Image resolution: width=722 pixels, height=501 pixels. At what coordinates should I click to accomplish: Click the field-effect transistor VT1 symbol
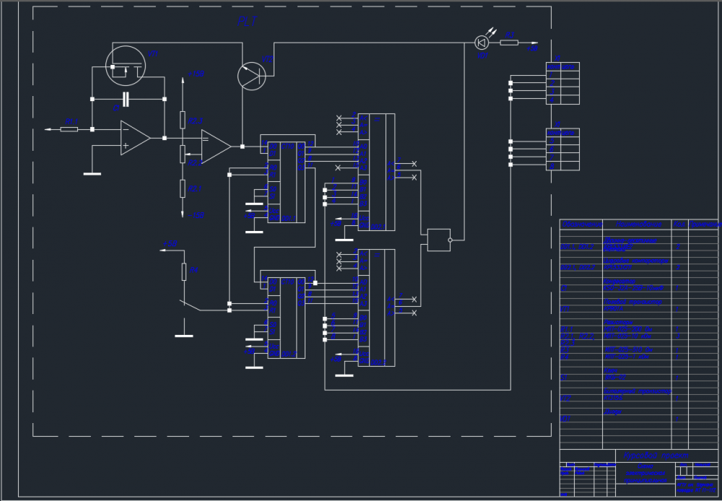[x=126, y=65]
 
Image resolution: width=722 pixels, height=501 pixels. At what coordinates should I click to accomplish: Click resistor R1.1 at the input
[x=69, y=129]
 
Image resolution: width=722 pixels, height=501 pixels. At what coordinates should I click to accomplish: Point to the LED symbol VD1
[x=482, y=43]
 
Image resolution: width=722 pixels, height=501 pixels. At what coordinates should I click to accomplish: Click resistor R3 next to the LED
[x=509, y=43]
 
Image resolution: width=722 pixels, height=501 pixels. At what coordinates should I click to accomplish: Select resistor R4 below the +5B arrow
[x=184, y=271]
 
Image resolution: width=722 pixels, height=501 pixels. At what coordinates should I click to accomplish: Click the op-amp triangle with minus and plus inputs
[x=134, y=137]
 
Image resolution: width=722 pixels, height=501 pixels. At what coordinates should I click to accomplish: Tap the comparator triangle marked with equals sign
[x=215, y=146]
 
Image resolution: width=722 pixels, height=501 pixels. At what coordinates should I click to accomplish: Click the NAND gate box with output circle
[x=439, y=240]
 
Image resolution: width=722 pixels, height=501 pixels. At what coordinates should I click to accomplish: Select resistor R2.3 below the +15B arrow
[x=182, y=120]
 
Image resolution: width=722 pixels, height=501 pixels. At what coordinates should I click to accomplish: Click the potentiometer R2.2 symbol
[x=182, y=154]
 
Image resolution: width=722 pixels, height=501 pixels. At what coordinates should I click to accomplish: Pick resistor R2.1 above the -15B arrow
[x=182, y=188]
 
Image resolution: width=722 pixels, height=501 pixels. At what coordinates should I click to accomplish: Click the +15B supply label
[x=196, y=74]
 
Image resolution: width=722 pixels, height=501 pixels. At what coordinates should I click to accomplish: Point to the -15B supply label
[x=196, y=214]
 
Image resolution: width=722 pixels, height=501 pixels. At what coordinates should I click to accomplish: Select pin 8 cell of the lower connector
[x=562, y=166]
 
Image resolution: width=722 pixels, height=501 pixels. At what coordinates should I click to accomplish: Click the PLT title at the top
[x=246, y=20]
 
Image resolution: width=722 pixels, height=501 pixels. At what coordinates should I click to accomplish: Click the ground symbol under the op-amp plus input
[x=92, y=173]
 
